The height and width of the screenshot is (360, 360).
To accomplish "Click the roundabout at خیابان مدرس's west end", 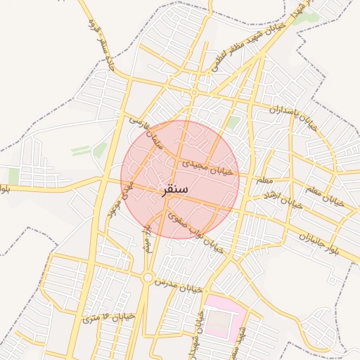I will tap(147, 277).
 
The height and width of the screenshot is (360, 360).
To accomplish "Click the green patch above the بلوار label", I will tap(13, 176).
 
